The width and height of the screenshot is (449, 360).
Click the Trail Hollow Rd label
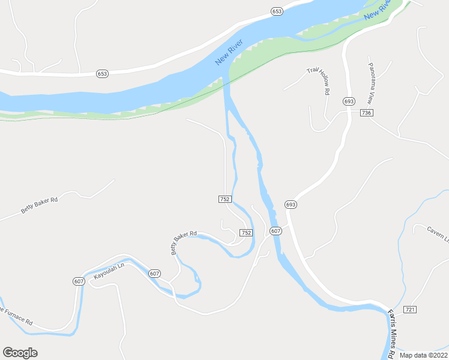319,80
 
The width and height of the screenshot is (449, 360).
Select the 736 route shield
367,113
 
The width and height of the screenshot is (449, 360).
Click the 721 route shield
410,309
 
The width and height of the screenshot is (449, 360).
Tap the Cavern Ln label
438,233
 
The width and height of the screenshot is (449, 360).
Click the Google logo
20,353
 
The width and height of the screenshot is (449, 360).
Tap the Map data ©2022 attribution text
423,355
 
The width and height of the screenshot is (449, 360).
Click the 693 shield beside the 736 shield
349,101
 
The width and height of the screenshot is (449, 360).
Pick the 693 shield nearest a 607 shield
291,205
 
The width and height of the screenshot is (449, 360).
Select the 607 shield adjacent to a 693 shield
276,231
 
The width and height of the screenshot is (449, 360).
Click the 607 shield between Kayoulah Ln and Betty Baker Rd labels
155,274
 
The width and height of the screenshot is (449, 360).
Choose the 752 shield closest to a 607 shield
246,232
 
